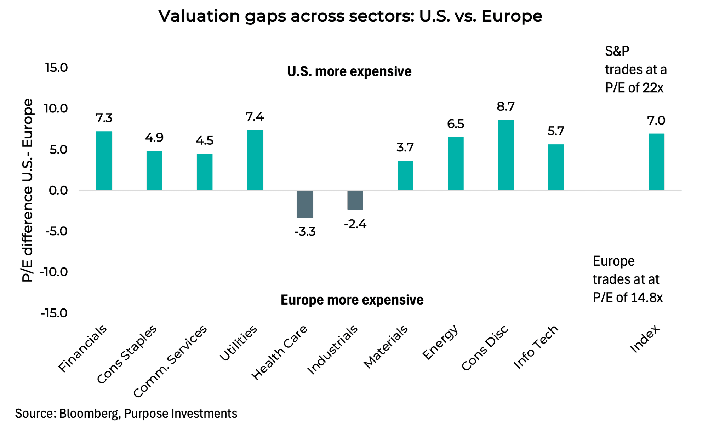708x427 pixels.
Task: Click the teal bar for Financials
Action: coord(104,161)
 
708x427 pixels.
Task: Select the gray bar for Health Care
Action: coord(305,204)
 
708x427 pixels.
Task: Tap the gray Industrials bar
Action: coord(355,200)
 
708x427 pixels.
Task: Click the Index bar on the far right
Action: coord(656,162)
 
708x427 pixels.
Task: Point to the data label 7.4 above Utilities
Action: coord(255,117)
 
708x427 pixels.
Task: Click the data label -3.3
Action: coord(305,232)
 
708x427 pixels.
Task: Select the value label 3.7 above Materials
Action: coord(405,147)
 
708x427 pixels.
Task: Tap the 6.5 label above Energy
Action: coord(456,124)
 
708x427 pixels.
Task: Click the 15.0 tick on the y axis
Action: coord(56,68)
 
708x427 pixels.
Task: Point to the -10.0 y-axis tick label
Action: coord(53,272)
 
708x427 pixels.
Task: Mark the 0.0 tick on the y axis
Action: coord(58,190)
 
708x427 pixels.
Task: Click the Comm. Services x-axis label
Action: coord(170,361)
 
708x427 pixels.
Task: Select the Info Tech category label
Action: coord(536,347)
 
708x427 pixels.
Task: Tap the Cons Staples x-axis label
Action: coord(127,354)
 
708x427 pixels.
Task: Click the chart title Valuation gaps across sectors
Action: coord(350,16)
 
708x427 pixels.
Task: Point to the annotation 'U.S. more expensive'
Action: coord(349,71)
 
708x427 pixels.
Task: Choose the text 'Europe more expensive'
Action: coord(352,300)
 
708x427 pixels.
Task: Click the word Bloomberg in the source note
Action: coord(90,413)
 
